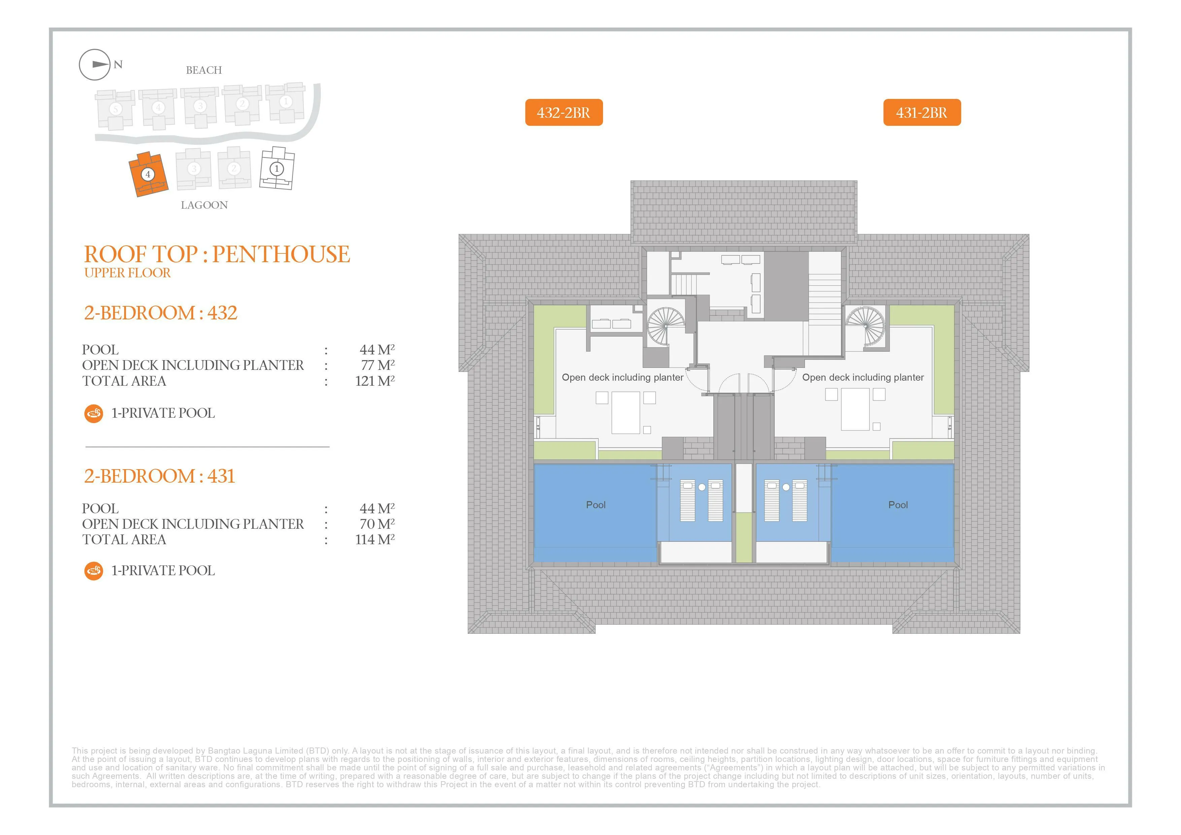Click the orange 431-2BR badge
tap(922, 112)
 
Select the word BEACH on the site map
tap(204, 70)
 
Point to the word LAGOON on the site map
tap(204, 205)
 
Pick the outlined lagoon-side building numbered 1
tap(277, 168)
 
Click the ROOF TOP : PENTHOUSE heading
tap(217, 254)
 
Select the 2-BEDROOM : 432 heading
tap(161, 313)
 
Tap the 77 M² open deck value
tap(377, 365)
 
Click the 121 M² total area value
tap(375, 381)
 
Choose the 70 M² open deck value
tap(377, 524)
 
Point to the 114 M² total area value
tap(375, 540)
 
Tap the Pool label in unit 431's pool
tap(898, 505)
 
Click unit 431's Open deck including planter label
tap(863, 377)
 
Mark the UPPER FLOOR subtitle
tap(128, 273)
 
